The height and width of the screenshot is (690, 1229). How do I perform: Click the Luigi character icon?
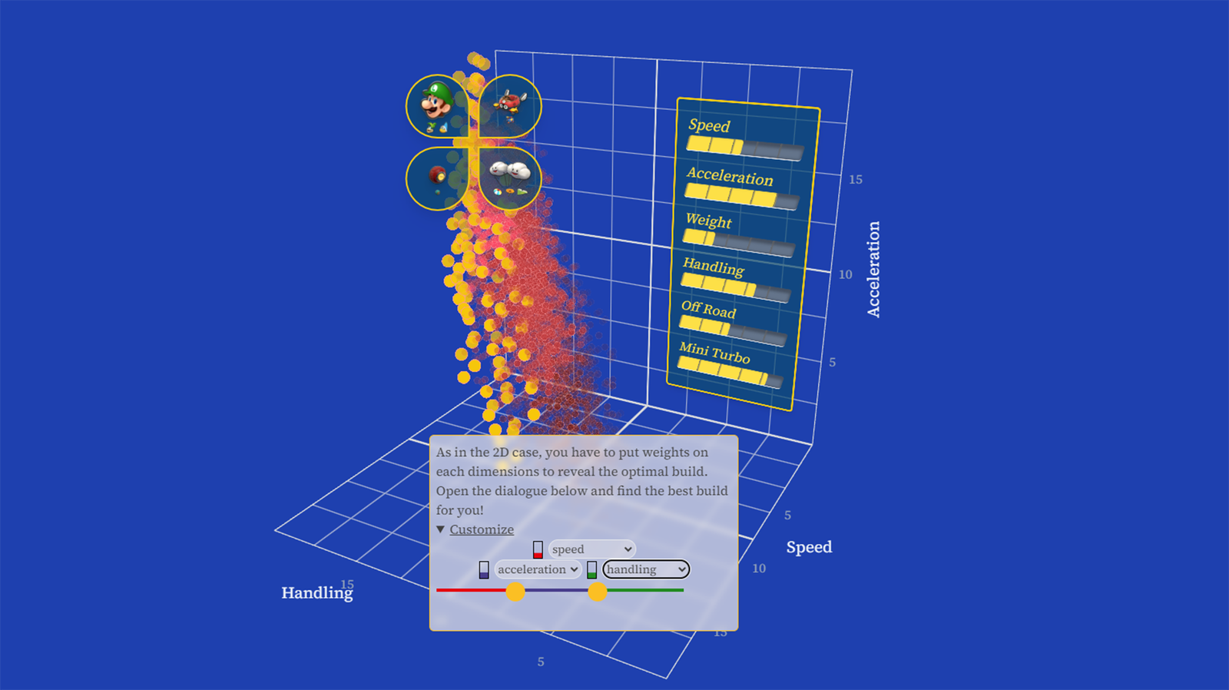click(436, 101)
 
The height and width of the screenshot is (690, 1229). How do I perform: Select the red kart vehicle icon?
click(510, 101)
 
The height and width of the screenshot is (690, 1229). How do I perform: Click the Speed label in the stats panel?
click(709, 125)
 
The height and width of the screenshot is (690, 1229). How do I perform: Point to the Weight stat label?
click(708, 221)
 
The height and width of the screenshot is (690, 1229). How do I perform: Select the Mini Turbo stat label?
click(714, 353)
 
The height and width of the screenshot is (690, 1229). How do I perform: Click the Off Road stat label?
click(708, 310)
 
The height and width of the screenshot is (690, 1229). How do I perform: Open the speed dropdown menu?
click(592, 549)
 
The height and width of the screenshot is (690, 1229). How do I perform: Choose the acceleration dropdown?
click(538, 569)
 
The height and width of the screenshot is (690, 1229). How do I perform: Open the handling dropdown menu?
click(646, 569)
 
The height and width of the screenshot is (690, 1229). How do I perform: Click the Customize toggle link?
click(481, 529)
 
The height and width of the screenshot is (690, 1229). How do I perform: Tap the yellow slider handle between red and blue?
click(515, 592)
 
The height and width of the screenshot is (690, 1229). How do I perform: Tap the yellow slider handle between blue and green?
click(597, 592)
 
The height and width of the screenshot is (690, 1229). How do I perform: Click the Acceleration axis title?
click(873, 269)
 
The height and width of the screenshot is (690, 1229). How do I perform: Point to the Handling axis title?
click(317, 593)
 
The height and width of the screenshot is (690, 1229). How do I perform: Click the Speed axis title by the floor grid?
click(810, 547)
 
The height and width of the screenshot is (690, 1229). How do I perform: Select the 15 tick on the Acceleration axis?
click(856, 180)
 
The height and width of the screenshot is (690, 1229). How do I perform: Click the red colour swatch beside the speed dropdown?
click(538, 549)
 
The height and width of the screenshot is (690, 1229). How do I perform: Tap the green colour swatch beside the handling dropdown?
click(591, 570)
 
